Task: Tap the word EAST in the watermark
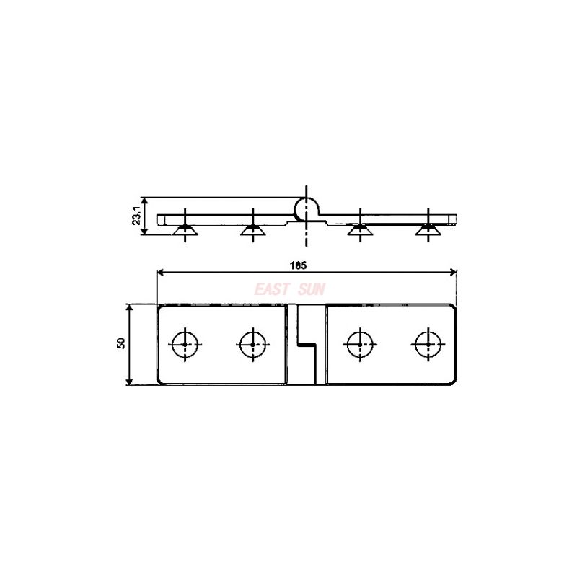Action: (272, 289)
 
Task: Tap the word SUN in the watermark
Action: (310, 289)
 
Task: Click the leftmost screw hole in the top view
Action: (186, 344)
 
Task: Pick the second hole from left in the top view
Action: (252, 344)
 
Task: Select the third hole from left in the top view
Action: (361, 344)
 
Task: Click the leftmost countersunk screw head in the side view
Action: (186, 230)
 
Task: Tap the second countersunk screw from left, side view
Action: (252, 230)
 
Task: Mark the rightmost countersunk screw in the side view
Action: (428, 230)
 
